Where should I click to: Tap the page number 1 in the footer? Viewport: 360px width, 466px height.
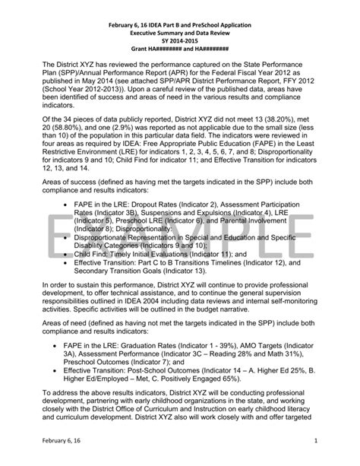click(335, 441)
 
